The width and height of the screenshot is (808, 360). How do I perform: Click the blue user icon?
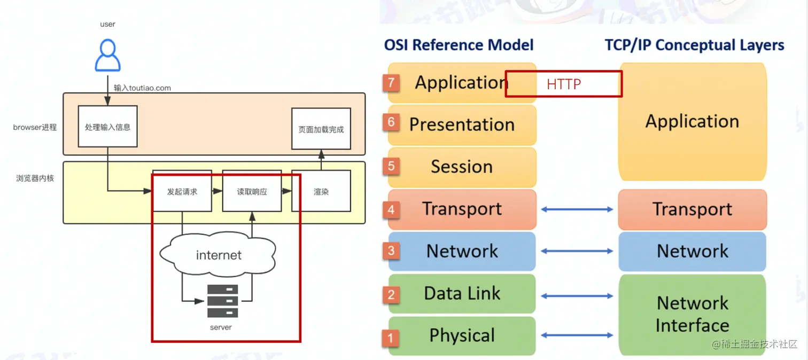pyautogui.click(x=107, y=56)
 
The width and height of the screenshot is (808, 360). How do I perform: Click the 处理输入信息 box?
pyautogui.click(x=107, y=127)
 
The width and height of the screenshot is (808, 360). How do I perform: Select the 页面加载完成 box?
pyautogui.click(x=321, y=129)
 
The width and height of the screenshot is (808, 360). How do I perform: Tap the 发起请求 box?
pyautogui.click(x=182, y=191)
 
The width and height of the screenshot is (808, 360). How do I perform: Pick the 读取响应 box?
pyautogui.click(x=252, y=191)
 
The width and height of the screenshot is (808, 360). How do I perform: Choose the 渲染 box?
pyautogui.click(x=321, y=191)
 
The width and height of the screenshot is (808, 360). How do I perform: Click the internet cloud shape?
pyautogui.click(x=219, y=255)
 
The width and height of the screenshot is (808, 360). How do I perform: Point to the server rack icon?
pyautogui.click(x=222, y=301)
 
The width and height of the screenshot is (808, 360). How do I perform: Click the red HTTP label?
pyautogui.click(x=563, y=84)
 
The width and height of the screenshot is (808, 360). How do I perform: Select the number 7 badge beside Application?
pyautogui.click(x=391, y=82)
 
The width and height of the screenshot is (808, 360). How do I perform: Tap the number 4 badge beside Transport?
pyautogui.click(x=391, y=209)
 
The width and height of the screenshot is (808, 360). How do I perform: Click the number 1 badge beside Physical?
pyautogui.click(x=391, y=336)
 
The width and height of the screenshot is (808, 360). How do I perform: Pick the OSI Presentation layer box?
pyautogui.click(x=462, y=124)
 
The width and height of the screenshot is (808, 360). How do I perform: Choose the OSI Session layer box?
pyautogui.click(x=462, y=167)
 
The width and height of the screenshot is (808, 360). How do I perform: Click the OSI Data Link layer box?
pyautogui.click(x=462, y=293)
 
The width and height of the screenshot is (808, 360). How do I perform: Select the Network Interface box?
pyautogui.click(x=692, y=314)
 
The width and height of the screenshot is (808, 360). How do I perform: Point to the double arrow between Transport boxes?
pyautogui.click(x=577, y=209)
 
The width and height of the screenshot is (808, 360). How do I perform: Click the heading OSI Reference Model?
pyautogui.click(x=459, y=45)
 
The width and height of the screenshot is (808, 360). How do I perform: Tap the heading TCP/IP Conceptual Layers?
pyautogui.click(x=694, y=45)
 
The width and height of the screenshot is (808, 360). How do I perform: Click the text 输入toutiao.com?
pyautogui.click(x=142, y=88)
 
